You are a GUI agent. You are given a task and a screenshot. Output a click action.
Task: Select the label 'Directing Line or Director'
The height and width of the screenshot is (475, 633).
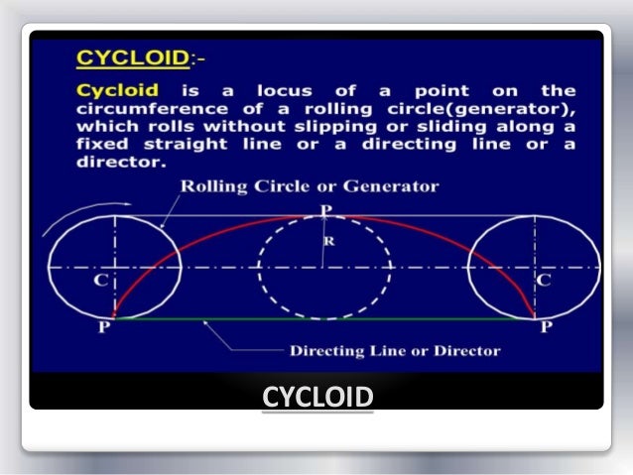[x=394, y=350]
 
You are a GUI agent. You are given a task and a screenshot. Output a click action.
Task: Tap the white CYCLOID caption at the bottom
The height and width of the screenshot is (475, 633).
[x=317, y=398]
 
